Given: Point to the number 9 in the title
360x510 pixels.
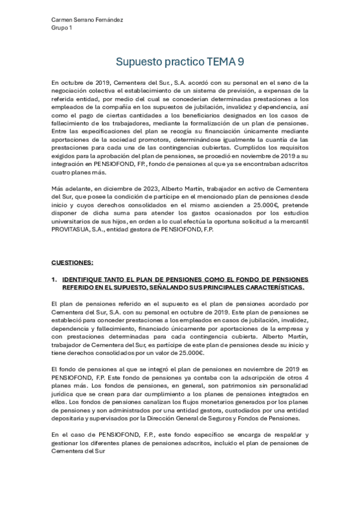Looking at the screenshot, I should click(x=240, y=61).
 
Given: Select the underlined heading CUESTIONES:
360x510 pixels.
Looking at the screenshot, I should click(x=72, y=263).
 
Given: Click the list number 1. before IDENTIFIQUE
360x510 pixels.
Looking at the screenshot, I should click(x=55, y=280).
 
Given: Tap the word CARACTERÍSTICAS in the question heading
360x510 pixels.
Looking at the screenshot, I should click(x=267, y=287).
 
